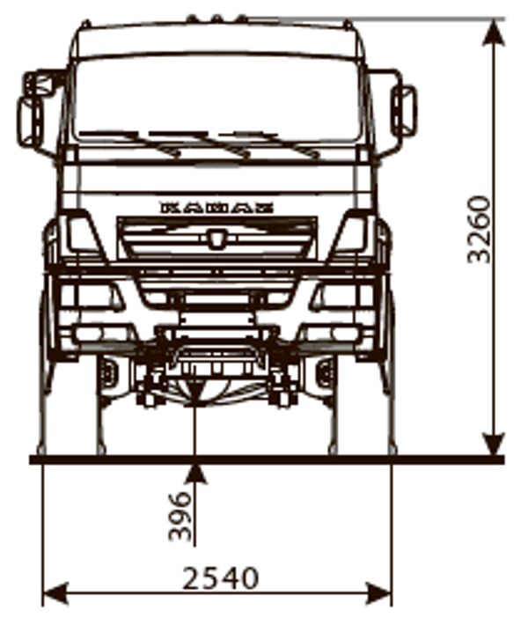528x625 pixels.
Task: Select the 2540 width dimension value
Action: coord(221,578)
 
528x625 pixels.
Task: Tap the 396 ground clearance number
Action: coord(180,515)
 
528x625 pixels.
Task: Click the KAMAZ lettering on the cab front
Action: coord(216,208)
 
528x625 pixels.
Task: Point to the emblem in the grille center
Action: coord(216,238)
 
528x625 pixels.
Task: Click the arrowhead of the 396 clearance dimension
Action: coord(195,474)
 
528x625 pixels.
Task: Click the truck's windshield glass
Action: coord(216,97)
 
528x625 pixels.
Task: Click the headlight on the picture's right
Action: coord(352,234)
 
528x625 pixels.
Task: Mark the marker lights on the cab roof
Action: coord(216,18)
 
